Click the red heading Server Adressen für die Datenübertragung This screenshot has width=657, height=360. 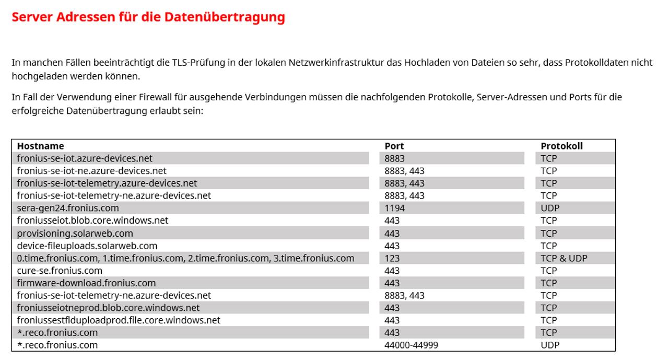[x=148, y=17]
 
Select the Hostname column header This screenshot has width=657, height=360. [x=40, y=146]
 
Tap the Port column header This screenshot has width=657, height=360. [x=394, y=146]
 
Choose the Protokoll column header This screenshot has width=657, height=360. [x=561, y=146]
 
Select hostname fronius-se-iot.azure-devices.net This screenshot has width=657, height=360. [x=85, y=158]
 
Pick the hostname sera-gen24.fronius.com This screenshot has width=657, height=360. [x=68, y=208]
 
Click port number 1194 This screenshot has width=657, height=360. [x=394, y=208]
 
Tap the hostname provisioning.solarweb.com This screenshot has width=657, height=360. [x=75, y=233]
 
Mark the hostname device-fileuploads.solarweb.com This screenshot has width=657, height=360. [x=87, y=246]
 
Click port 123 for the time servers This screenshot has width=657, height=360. [x=392, y=258]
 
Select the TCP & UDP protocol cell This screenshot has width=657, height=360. [x=564, y=258]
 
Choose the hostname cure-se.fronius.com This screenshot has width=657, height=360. [x=60, y=271]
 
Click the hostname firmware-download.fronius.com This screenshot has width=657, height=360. [x=86, y=283]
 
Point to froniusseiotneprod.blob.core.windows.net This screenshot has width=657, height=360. [x=108, y=308]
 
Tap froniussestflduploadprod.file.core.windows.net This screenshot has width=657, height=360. [x=119, y=320]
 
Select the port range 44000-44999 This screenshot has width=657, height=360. [x=411, y=345]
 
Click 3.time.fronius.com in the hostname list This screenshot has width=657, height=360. [x=314, y=258]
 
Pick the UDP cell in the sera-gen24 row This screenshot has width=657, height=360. [x=550, y=208]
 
